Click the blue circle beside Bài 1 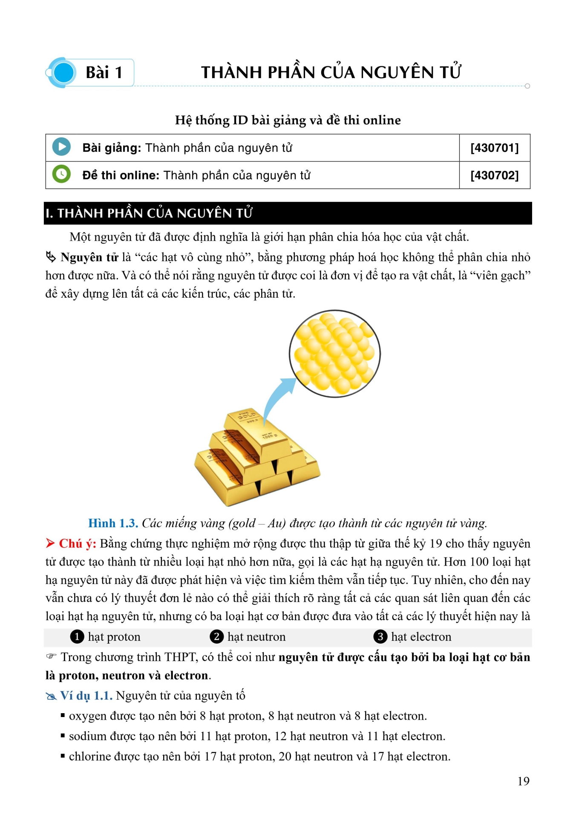click(64, 73)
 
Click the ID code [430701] click(494, 148)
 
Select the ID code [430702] click(494, 175)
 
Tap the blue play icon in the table click(61, 147)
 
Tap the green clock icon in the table click(61, 174)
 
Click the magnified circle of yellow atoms click(335, 354)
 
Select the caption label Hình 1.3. click(113, 523)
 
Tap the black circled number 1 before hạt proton click(77, 637)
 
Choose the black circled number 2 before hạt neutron click(216, 637)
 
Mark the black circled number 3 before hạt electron click(380, 637)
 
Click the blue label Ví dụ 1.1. click(86, 696)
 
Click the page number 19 click(523, 781)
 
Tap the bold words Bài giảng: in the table click(112, 148)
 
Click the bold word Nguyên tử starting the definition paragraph click(89, 258)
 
